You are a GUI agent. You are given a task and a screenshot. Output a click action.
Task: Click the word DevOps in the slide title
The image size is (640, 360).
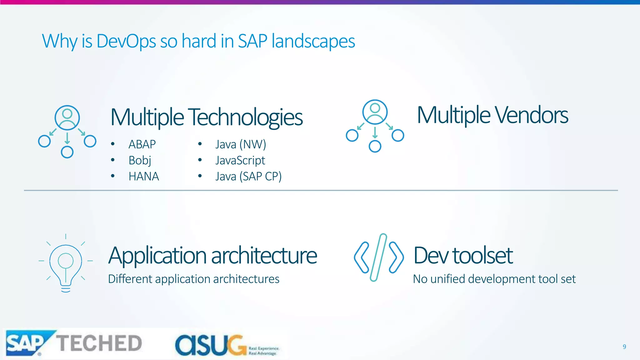point(126,41)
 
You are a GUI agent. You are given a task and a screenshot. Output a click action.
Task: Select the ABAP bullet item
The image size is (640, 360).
point(142,144)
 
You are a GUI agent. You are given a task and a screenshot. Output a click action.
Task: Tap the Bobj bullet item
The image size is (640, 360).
point(140,160)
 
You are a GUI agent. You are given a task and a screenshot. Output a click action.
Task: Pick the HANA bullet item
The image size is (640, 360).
point(144,177)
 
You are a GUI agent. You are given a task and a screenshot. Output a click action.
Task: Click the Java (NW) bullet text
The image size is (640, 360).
point(241,144)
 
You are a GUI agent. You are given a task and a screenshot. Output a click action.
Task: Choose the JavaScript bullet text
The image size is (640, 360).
point(240,160)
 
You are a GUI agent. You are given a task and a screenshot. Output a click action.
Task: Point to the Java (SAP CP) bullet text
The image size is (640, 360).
point(248,177)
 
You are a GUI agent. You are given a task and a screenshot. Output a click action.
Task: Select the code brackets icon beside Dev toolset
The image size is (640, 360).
point(379,257)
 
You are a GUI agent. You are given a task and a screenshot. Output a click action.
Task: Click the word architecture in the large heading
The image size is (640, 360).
point(264,256)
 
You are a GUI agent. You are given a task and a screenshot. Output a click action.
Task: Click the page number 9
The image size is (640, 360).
point(624,347)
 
